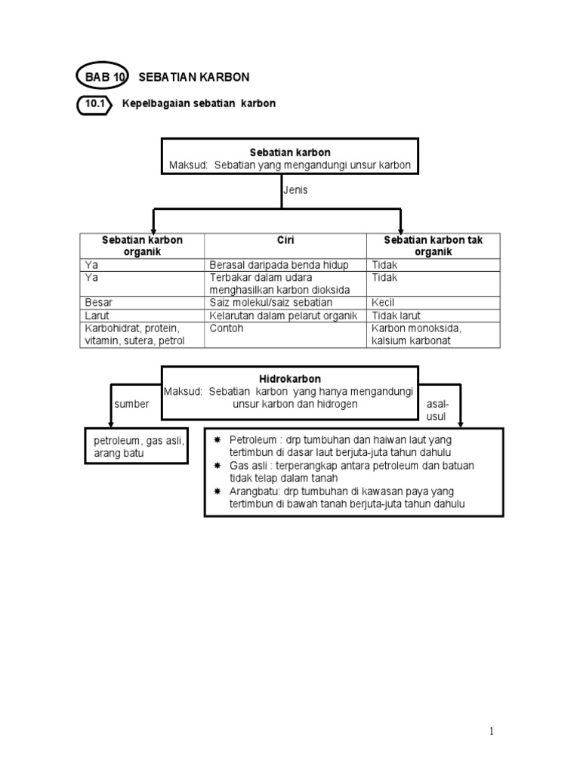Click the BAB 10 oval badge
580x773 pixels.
coord(103,77)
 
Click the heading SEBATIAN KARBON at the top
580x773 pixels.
coord(195,77)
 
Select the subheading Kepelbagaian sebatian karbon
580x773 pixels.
coord(199,103)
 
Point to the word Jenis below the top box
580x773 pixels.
coord(295,190)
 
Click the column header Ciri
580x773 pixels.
coord(285,240)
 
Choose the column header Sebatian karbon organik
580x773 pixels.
coord(143,245)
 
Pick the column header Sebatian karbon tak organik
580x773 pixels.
coord(433,245)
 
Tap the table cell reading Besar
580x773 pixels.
coord(99,302)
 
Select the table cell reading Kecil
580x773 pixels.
coord(384,302)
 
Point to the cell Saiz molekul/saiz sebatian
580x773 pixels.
coord(270,302)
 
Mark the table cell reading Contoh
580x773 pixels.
coord(226,328)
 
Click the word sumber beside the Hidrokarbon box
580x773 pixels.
coord(132,404)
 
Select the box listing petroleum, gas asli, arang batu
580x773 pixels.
coord(138,446)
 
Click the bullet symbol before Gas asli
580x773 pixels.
coord(218,466)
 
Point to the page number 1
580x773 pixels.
coord(491,731)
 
